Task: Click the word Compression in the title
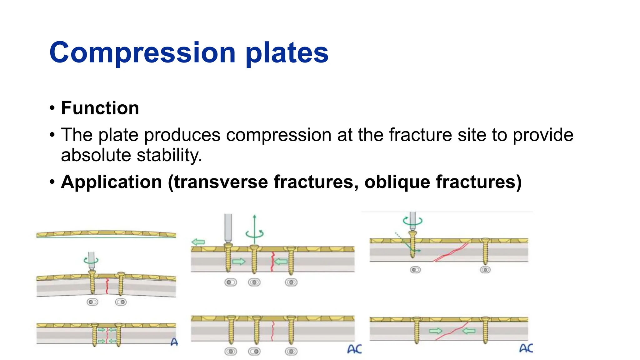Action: [x=142, y=52]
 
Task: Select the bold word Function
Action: [x=100, y=108]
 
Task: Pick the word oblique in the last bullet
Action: [x=397, y=182]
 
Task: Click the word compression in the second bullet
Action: [x=278, y=135]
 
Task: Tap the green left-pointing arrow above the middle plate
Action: [x=198, y=242]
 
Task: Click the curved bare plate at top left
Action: [x=106, y=234]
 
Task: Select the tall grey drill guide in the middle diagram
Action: [x=228, y=227]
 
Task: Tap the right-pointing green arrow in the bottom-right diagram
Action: [x=436, y=331]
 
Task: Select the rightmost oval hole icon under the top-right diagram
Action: [x=485, y=270]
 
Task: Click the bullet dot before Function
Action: [x=52, y=108]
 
